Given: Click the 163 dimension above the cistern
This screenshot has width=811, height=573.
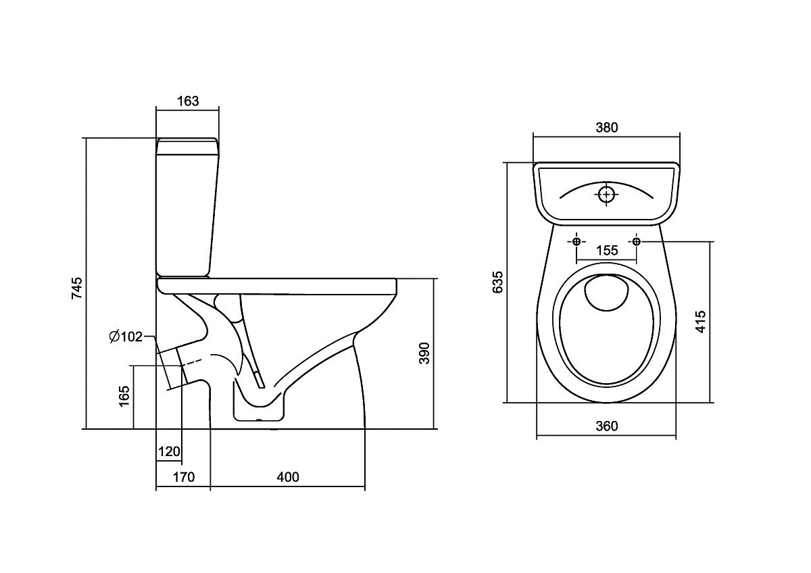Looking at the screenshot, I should tap(187, 101).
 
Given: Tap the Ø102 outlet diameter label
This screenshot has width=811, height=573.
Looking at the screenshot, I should tap(125, 337).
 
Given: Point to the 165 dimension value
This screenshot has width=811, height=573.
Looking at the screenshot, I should tap(124, 397).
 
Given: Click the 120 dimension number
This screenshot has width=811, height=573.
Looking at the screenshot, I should tap(168, 451).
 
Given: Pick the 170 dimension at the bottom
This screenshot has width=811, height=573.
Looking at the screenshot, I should tap(182, 477).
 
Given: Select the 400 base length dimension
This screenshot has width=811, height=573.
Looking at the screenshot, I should tap(287, 477).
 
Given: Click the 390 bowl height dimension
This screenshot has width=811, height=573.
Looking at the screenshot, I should tap(424, 353).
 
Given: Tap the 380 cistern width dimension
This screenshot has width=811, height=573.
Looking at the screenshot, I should tap(606, 127).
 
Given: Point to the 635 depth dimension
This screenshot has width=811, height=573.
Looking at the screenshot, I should tap(498, 282).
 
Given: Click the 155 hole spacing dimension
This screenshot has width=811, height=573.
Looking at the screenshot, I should tap(606, 251).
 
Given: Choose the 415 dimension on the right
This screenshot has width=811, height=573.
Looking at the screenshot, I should tap(700, 322).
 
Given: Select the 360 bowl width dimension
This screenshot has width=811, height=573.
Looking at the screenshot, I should tap(606, 426).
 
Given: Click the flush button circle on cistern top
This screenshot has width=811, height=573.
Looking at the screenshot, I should tap(606, 195).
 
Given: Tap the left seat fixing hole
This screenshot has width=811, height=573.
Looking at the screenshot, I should tap(576, 241).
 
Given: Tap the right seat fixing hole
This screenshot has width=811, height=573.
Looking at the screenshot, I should tap(636, 241).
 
